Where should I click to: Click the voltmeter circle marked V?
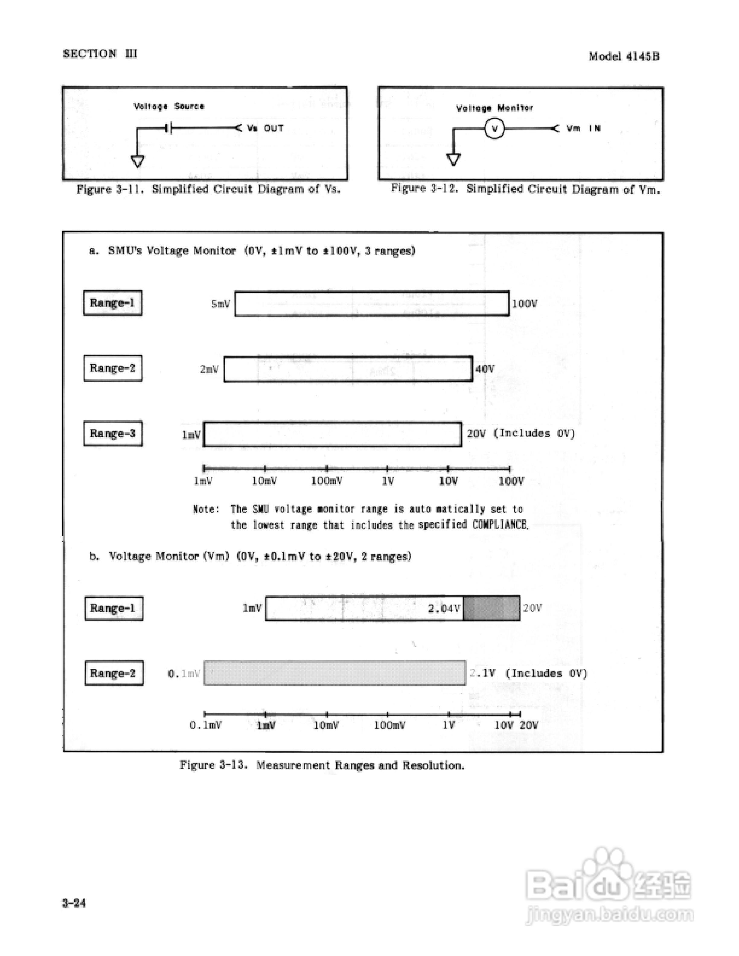point(494,129)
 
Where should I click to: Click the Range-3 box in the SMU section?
point(113,433)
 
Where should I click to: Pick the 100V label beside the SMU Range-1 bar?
point(524,304)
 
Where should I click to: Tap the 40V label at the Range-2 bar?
point(485,369)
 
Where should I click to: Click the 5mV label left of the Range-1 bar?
point(221,304)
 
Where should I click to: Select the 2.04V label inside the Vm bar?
point(444,608)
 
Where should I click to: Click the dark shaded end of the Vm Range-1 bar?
point(491,608)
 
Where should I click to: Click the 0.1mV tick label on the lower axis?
point(205,725)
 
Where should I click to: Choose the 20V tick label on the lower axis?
point(529,725)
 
